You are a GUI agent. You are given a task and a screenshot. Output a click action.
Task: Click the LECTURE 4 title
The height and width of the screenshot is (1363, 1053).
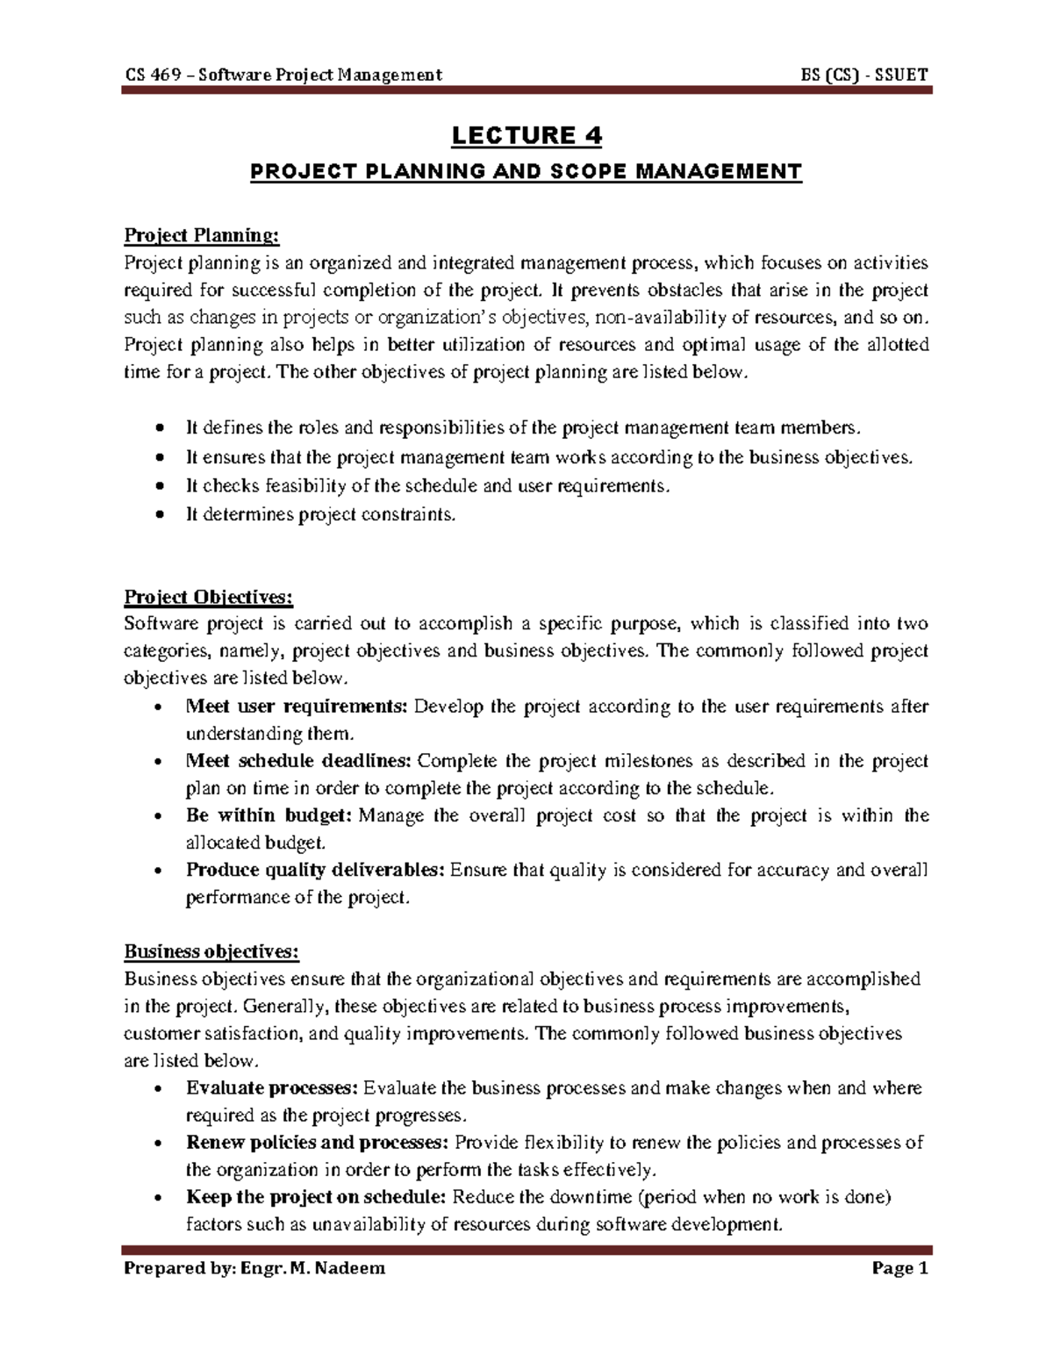[x=526, y=136]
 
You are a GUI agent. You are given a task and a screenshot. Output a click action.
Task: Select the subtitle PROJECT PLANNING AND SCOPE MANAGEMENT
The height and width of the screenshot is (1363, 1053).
[x=526, y=171]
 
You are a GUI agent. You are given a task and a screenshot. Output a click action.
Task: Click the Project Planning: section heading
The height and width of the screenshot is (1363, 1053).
[x=202, y=235]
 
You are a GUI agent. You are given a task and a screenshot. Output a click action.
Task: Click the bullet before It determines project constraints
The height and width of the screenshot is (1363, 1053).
[x=159, y=516]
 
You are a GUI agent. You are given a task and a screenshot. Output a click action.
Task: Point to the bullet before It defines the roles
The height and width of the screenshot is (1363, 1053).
[x=159, y=428]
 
